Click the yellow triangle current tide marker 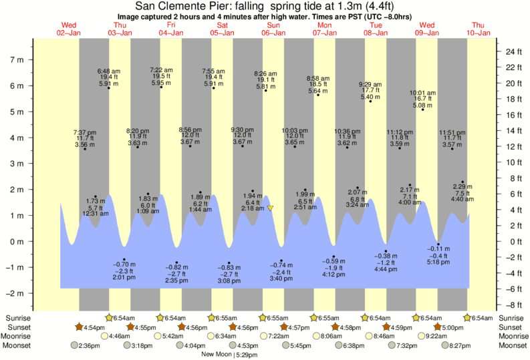[271, 208]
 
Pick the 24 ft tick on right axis [513, 51]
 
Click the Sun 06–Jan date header [273, 29]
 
